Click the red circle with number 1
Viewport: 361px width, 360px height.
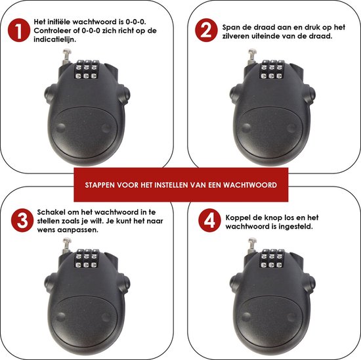19,30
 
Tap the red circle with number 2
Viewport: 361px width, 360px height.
206,30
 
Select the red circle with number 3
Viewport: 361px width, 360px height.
22,220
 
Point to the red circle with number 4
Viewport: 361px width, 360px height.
209,220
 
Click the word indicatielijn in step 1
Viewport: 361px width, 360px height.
54,39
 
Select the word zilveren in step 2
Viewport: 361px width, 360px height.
232,36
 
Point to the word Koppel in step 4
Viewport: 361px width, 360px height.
237,218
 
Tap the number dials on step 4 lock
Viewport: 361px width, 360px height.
272,258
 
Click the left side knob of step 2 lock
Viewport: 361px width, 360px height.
234,94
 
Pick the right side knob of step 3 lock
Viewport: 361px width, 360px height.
125,284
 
